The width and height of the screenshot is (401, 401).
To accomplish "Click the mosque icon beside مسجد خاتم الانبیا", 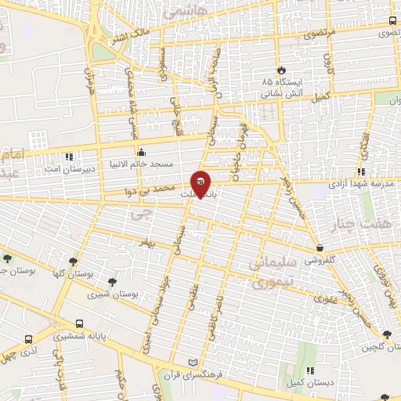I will pos(141,152).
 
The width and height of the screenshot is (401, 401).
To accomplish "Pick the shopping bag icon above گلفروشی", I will pos(320,247).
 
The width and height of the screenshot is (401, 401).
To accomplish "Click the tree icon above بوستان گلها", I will pos(73,262).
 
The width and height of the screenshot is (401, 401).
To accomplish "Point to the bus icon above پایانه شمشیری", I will pos(79,323).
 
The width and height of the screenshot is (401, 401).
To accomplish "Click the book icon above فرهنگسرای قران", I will pos(193,363).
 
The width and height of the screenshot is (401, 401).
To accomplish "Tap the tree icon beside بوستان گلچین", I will pos(386,335).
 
